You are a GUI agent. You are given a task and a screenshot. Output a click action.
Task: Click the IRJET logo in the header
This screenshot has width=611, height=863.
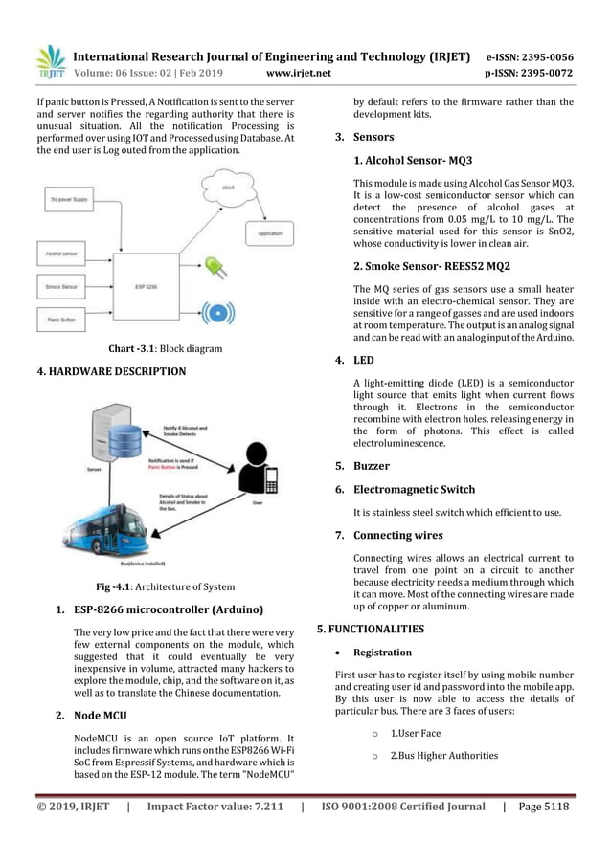[49, 61]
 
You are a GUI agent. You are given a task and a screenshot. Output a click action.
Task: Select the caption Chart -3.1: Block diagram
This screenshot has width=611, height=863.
[165, 349]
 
